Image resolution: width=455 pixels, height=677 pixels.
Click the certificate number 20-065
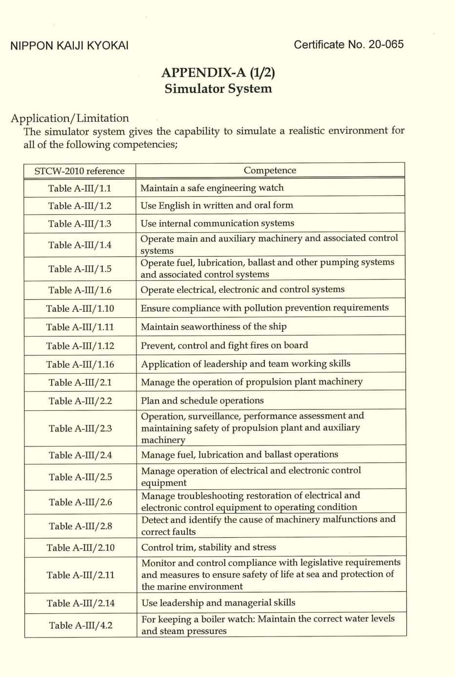(x=386, y=44)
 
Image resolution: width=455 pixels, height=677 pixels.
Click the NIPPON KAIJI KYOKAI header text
(x=69, y=46)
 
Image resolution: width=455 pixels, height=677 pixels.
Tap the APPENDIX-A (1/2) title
(x=218, y=73)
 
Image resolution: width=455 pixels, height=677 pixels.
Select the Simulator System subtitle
(x=218, y=89)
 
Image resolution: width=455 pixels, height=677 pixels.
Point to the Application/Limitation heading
(x=70, y=118)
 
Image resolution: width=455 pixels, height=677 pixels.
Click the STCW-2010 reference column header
(x=79, y=171)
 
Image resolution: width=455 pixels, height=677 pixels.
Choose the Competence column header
(x=270, y=171)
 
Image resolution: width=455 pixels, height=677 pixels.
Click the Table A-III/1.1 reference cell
(x=79, y=188)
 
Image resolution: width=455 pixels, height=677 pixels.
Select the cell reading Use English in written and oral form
(x=217, y=205)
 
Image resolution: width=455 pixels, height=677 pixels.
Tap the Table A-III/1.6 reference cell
(x=79, y=290)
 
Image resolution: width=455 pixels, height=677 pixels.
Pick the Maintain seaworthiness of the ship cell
(x=214, y=327)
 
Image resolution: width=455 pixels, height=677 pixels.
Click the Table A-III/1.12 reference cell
(x=80, y=346)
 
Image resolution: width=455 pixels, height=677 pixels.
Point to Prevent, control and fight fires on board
(x=224, y=345)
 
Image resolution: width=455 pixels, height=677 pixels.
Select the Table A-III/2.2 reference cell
(x=80, y=401)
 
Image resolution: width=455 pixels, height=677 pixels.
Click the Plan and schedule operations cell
(x=202, y=401)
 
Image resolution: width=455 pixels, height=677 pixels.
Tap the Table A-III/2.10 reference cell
(x=80, y=548)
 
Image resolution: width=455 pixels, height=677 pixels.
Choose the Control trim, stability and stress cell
(x=209, y=547)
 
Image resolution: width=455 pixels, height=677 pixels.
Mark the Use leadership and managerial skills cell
(x=218, y=603)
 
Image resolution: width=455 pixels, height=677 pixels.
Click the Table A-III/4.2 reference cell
(x=80, y=625)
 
